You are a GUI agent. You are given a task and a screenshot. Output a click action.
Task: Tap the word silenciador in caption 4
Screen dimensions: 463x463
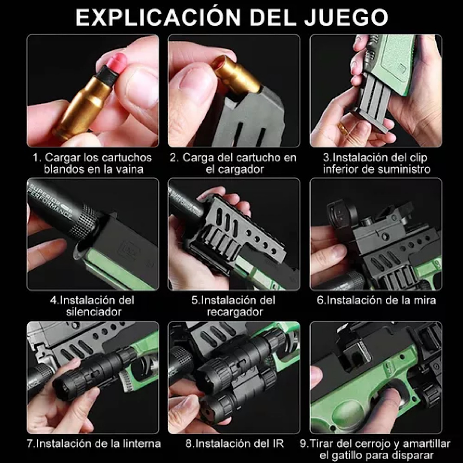pyautogui.click(x=93, y=312)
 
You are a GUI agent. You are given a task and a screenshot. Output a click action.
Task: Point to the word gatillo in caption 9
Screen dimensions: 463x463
pyautogui.click(x=347, y=455)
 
